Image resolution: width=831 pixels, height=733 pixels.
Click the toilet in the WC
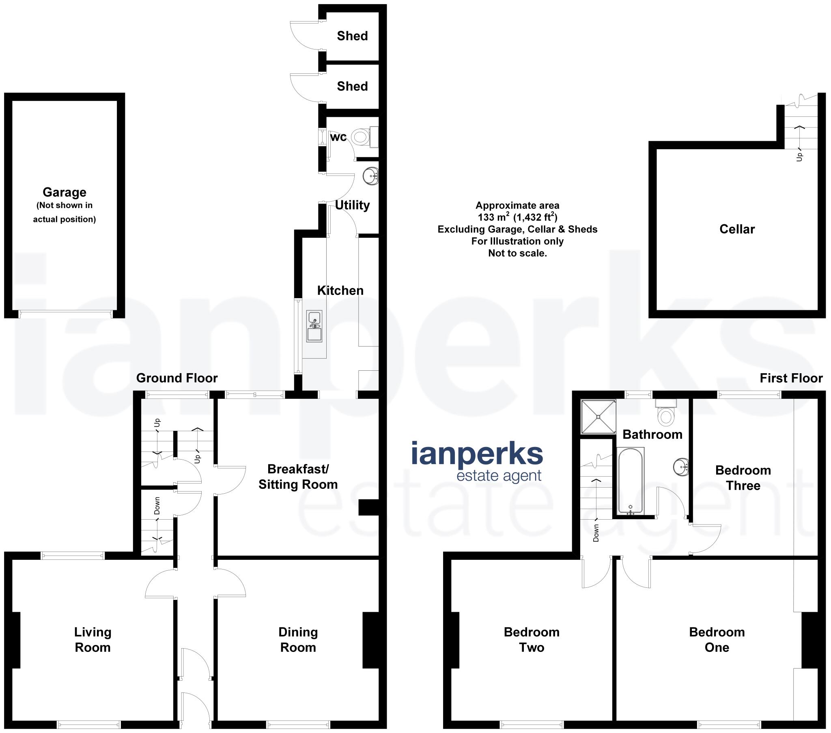pyautogui.click(x=361, y=137)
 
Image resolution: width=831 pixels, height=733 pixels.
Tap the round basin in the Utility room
pyautogui.click(x=370, y=176)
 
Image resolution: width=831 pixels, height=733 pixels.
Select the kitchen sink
pyautogui.click(x=314, y=326)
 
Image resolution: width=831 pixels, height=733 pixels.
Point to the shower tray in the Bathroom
pyautogui.click(x=598, y=417)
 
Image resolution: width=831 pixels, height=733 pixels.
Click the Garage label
pyautogui.click(x=64, y=192)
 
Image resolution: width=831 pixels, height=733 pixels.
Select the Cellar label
pyautogui.click(x=737, y=229)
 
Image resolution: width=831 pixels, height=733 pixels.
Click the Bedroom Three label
pyautogui.click(x=743, y=478)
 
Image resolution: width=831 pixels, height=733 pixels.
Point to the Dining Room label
pyautogui.click(x=298, y=639)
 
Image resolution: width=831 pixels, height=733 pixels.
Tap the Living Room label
pyautogui.click(x=93, y=639)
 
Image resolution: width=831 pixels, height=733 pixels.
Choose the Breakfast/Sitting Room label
pyautogui.click(x=298, y=477)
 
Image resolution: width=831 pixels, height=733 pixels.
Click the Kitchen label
pyautogui.click(x=340, y=291)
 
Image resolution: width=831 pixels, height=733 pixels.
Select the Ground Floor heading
pyautogui.click(x=177, y=378)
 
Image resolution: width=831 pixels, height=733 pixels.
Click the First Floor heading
pyautogui.click(x=791, y=378)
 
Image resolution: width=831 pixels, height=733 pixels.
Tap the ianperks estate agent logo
pyautogui.click(x=477, y=462)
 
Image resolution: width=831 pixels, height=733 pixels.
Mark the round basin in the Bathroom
pyautogui.click(x=680, y=466)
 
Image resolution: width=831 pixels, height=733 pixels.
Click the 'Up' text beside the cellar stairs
pyautogui.click(x=799, y=157)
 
